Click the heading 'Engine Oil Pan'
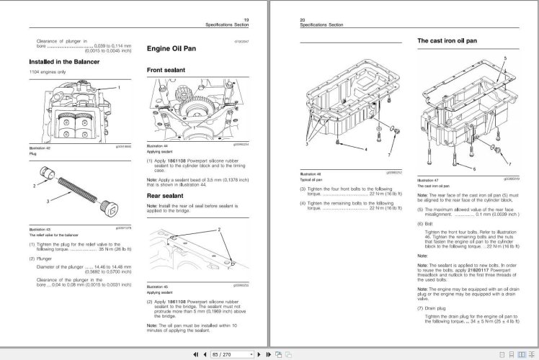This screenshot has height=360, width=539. [x=174, y=50]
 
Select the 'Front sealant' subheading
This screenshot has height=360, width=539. [x=167, y=71]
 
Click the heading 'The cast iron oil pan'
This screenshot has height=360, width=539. [x=447, y=41]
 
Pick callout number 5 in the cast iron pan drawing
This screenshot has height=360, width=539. [x=506, y=55]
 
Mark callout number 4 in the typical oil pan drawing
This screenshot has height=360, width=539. [x=366, y=148]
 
